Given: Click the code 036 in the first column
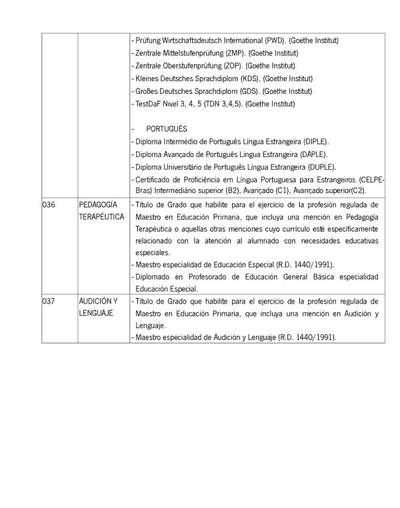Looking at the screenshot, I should click(48, 205).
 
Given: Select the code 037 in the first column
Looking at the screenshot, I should click(48, 301).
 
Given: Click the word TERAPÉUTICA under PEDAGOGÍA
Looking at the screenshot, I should click(101, 217).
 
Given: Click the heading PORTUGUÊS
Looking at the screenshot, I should click(167, 128).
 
